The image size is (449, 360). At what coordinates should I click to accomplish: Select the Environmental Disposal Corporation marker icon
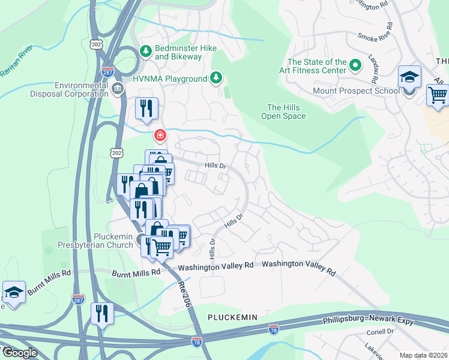[x=118, y=90]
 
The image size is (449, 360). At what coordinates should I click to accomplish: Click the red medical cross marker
[x=160, y=135]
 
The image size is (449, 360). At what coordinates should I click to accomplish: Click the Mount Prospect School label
[x=355, y=91]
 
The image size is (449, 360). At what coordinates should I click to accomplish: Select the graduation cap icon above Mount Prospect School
[x=409, y=77]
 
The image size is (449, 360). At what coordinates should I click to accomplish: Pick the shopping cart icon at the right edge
[x=438, y=95]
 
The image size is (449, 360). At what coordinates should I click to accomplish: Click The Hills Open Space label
[x=286, y=112]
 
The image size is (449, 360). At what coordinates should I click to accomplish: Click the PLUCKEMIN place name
[x=232, y=317]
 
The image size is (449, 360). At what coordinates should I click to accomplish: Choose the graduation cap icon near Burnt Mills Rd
[x=14, y=293]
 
